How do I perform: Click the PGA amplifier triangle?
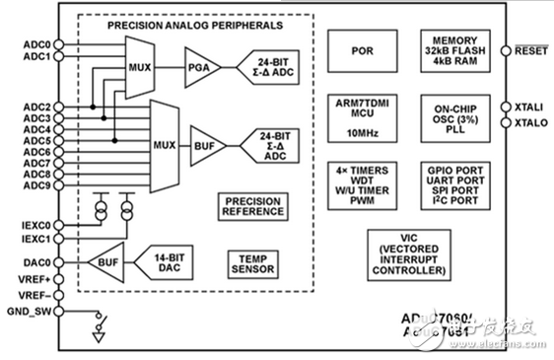click(x=194, y=71)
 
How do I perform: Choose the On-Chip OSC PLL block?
click(x=453, y=116)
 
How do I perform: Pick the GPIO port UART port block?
click(x=453, y=184)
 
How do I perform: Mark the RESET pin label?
click(x=529, y=48)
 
